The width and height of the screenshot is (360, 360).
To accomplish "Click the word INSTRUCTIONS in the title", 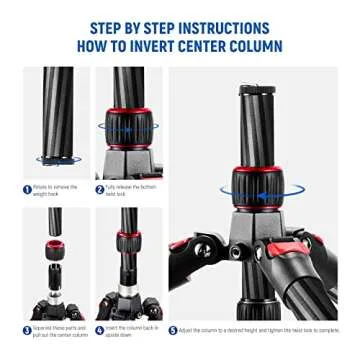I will pyautogui.click(x=221, y=27).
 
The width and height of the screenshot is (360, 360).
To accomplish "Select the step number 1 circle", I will pyautogui.click(x=27, y=189).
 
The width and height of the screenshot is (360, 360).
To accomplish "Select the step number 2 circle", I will pyautogui.click(x=100, y=189).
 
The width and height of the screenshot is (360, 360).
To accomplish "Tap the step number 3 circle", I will pyautogui.click(x=27, y=330).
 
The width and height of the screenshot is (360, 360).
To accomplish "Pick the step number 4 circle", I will pyautogui.click(x=100, y=330).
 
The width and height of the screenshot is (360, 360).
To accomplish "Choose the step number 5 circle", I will pyautogui.click(x=173, y=330).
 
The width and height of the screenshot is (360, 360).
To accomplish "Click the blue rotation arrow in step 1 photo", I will pyautogui.click(x=57, y=159).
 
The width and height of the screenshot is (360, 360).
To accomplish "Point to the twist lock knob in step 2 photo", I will pyautogui.click(x=128, y=127).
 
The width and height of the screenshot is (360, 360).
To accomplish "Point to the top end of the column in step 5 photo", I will pyautogui.click(x=257, y=93).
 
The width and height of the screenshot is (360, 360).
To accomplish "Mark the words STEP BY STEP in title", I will pyautogui.click(x=128, y=27).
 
